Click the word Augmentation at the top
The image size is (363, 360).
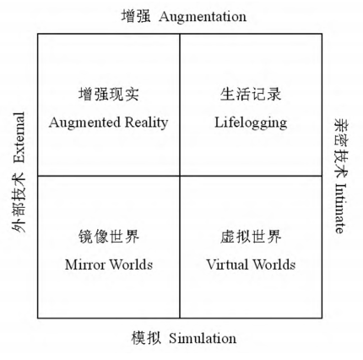point(203,17)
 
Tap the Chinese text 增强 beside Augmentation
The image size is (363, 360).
point(136,16)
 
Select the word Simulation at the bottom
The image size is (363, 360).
point(203,338)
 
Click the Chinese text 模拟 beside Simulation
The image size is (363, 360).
point(146,338)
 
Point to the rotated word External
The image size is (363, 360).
point(19,138)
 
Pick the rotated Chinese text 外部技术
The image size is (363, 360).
point(19,203)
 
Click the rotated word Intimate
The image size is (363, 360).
point(340,208)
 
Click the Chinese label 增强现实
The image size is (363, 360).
point(109,94)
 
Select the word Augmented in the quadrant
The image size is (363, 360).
point(84,123)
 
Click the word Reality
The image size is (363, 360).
point(146,123)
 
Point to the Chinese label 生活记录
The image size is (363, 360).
point(251,94)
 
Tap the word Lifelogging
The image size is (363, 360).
point(251,123)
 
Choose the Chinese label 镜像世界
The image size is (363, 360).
point(109,236)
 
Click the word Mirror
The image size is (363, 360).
point(85,265)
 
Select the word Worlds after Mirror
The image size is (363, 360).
point(131,265)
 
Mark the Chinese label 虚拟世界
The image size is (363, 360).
point(251,236)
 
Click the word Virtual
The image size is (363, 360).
point(227,265)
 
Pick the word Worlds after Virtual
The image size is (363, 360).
point(274,265)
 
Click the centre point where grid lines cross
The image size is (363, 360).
point(180,176)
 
